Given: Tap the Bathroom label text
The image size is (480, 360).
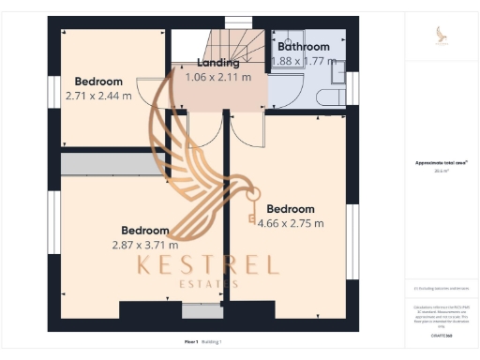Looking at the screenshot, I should coord(304,46).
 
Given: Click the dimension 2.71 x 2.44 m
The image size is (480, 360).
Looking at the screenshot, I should coord(98,96).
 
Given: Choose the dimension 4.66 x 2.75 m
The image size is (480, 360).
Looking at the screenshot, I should coord(295,223).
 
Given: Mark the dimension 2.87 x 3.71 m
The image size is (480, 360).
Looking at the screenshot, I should coord(144,245).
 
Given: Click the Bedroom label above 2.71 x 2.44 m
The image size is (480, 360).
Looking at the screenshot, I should coord(98,82).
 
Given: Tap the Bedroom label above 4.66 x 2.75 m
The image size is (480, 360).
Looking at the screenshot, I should coord(290,209).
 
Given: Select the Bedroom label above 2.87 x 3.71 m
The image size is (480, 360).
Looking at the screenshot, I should coord(145,231).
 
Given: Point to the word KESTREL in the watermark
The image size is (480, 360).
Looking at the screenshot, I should coord(208,263).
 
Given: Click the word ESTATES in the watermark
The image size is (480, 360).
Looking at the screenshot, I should coord(208,283).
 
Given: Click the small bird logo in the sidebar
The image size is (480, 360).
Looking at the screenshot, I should coord(441,36).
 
